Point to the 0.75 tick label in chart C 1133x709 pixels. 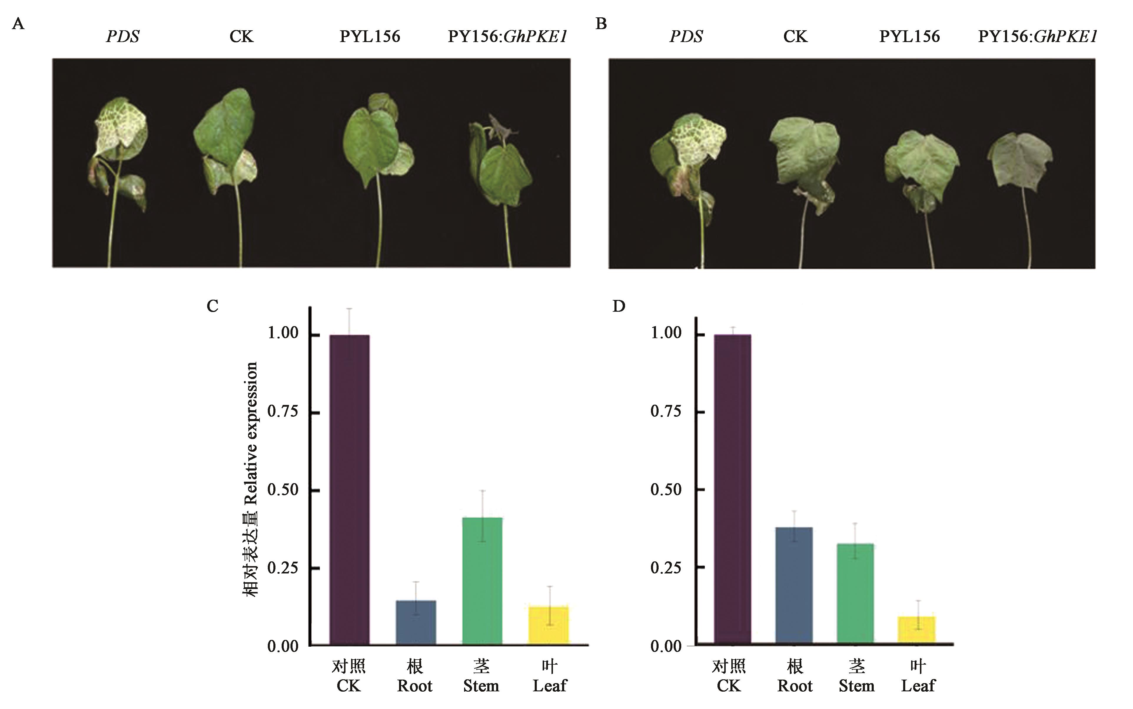click(x=283, y=412)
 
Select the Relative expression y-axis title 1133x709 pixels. click(x=250, y=478)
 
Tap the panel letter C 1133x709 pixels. click(x=212, y=306)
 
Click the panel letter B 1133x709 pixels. click(x=601, y=24)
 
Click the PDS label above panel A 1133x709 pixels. click(x=122, y=36)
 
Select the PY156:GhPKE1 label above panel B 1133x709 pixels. click(x=1037, y=36)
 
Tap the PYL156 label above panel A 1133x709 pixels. click(x=370, y=36)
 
